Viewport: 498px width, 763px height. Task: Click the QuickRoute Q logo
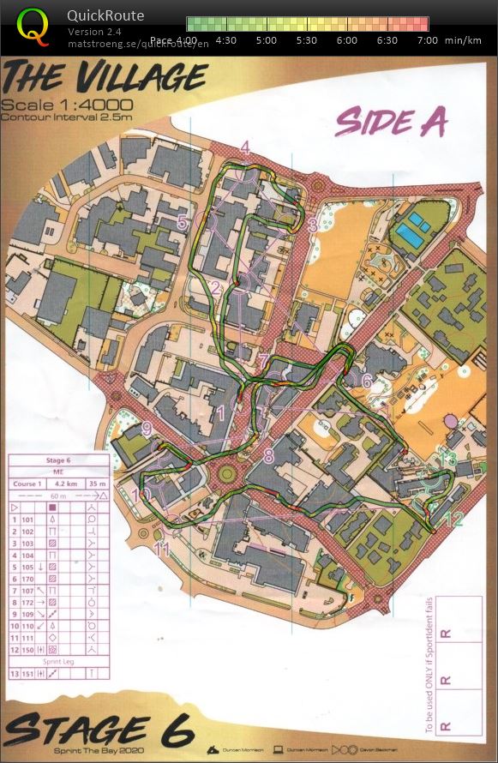tap(33, 26)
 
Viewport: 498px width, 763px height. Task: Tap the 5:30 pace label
tap(306, 39)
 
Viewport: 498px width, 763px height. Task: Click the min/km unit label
tap(464, 39)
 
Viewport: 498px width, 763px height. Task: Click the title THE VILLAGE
tap(105, 78)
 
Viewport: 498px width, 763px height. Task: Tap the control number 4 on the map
tap(245, 147)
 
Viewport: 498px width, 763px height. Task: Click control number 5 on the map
tap(182, 222)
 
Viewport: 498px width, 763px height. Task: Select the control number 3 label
tap(313, 225)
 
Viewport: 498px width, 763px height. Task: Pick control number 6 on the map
tap(366, 381)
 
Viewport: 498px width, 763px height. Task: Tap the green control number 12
tap(453, 519)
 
